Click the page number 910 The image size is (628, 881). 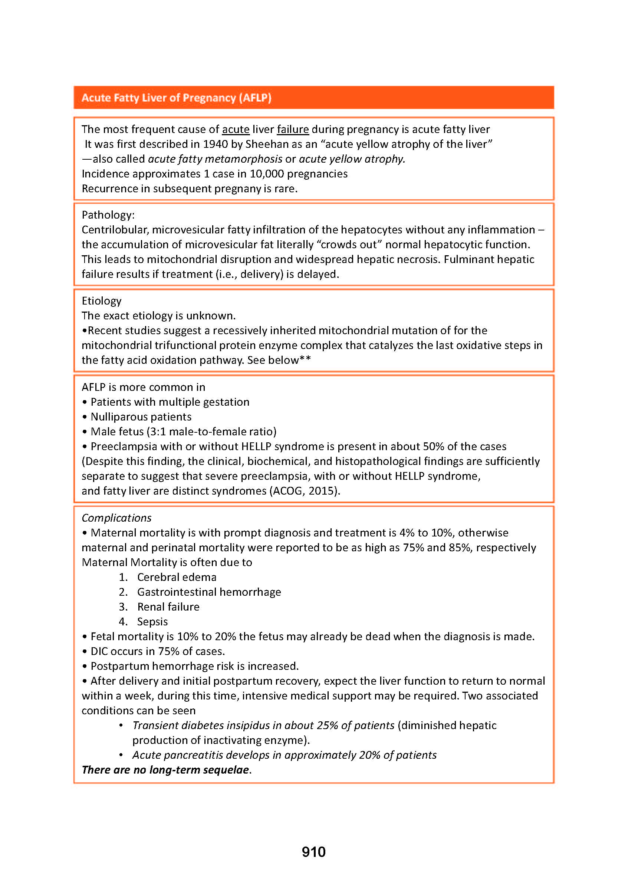point(313,852)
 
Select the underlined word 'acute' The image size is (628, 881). point(236,129)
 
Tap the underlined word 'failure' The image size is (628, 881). point(293,129)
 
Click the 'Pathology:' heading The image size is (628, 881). point(108,215)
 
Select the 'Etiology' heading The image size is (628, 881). point(102,300)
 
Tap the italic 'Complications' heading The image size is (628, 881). point(116,518)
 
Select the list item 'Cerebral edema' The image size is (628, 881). point(177,577)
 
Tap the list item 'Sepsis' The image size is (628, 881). point(152,621)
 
